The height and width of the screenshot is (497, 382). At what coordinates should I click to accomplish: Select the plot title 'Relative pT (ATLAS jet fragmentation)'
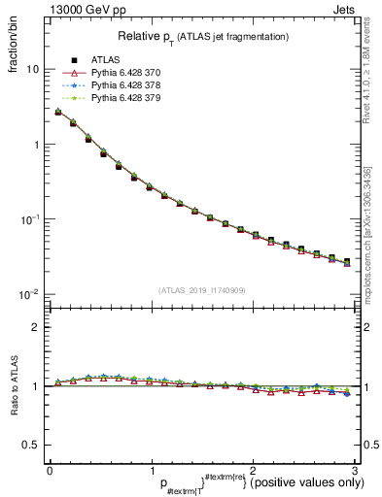[202, 36]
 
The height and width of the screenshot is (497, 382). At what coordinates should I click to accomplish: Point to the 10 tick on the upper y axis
[33, 70]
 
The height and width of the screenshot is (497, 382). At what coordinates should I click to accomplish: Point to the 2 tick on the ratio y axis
[36, 327]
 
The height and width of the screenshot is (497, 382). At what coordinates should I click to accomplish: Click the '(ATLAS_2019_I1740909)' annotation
[202, 290]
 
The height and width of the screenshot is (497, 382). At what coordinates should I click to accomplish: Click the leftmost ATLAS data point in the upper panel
[58, 113]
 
